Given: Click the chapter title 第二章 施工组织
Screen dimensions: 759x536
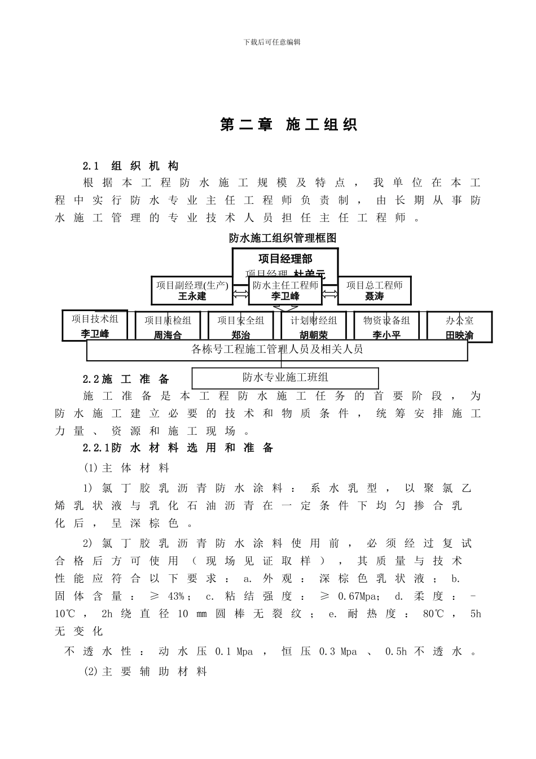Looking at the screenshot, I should [x=288, y=125].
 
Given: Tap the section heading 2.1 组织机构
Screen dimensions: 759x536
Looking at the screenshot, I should [x=131, y=166].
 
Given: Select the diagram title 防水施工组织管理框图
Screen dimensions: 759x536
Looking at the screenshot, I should [x=283, y=238].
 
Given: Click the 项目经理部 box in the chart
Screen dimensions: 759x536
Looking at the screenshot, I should [x=285, y=259].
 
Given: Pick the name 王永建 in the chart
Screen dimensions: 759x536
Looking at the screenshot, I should [x=192, y=296].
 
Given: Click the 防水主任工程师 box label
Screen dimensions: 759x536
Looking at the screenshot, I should [x=285, y=285].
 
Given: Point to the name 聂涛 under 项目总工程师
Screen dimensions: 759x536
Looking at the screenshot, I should [x=374, y=296].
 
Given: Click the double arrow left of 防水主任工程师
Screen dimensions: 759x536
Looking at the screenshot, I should [x=240, y=293].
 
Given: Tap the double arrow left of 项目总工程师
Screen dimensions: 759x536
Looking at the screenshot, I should [x=329, y=293].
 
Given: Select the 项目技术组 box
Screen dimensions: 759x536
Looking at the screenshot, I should [x=95, y=325].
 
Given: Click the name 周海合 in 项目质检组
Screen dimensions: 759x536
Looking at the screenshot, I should [x=168, y=335].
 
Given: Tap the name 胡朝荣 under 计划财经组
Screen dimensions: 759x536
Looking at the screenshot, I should [x=314, y=335].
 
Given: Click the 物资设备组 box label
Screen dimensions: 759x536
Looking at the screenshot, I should [x=386, y=320].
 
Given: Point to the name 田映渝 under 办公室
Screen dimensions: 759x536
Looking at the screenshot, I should [x=459, y=335].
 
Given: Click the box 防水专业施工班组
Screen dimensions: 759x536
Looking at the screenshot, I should [x=285, y=377].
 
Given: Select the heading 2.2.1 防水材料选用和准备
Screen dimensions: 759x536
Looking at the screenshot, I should [x=178, y=448].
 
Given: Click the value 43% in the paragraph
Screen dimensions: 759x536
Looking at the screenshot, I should [x=175, y=596].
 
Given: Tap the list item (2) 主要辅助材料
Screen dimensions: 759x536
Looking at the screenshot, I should [x=146, y=671].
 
